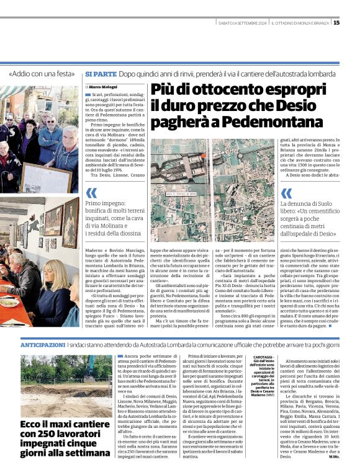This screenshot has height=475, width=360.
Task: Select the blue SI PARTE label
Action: tap(100, 74)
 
